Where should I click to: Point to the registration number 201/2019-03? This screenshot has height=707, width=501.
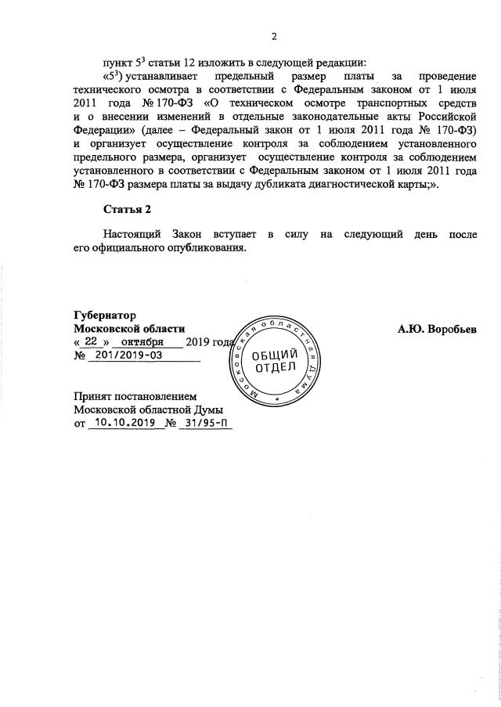pos(138,356)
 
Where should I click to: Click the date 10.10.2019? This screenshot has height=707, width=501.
pos(121,424)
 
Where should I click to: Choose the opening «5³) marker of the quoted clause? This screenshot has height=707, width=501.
pos(115,76)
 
